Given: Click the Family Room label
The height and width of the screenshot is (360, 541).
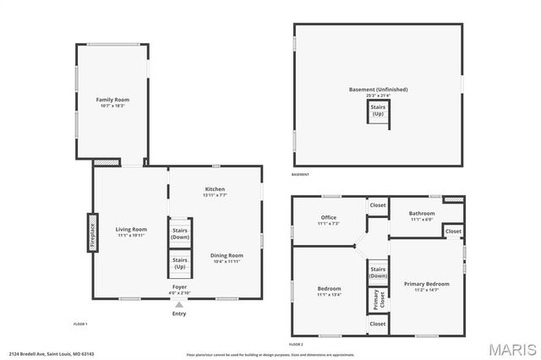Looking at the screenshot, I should click(x=112, y=100).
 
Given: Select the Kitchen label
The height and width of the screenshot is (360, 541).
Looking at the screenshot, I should click(x=215, y=188).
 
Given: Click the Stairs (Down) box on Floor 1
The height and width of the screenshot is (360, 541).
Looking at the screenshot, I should click(x=180, y=233).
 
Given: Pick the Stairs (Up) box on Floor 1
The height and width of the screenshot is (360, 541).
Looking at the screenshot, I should click(x=180, y=263).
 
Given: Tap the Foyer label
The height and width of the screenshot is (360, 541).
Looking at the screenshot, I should click(x=179, y=286).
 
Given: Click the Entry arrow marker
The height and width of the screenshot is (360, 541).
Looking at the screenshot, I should click(x=179, y=305).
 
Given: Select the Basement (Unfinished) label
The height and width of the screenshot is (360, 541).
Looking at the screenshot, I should click(x=378, y=90).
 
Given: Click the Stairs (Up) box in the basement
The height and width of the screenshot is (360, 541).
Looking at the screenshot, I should click(x=378, y=111).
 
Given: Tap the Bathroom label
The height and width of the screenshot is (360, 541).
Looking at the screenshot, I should click(x=422, y=213).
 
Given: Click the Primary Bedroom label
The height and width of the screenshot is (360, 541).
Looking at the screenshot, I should click(x=426, y=284).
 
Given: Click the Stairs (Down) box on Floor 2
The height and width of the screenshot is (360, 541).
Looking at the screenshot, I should click(x=377, y=273).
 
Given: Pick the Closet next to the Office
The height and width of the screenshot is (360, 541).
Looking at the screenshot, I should click(x=377, y=205).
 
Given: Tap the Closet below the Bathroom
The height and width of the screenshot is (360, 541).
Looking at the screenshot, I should click(x=453, y=231).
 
